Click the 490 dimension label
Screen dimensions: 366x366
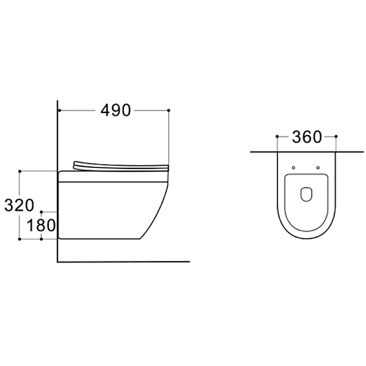tap(116, 110)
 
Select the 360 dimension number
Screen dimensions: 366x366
tap(307, 137)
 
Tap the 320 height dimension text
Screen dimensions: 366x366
tap(19, 205)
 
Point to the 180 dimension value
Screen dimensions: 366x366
tap(41, 226)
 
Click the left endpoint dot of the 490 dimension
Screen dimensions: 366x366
tap(60, 110)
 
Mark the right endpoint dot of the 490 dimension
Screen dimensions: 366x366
tap(169, 110)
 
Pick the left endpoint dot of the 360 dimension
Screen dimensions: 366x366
tap(277, 136)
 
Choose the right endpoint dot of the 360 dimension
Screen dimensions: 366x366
tap(336, 136)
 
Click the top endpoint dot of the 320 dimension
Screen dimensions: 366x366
tap(20, 171)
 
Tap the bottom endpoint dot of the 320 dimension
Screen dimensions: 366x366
tap(20, 239)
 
